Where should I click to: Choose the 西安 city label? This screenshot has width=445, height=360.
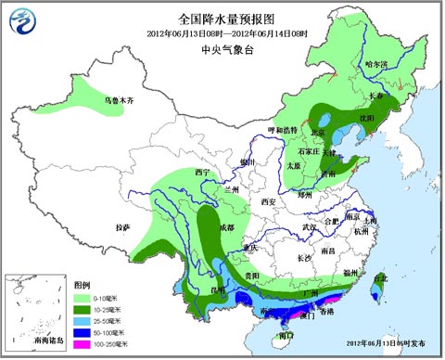[x=270, y=201]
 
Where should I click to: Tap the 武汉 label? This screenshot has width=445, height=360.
[x=311, y=226]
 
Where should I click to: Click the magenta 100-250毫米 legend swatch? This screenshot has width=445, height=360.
[x=82, y=343]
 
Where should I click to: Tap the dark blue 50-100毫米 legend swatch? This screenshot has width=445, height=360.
[x=82, y=331]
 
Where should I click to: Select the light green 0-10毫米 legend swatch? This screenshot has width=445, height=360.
[x=82, y=297]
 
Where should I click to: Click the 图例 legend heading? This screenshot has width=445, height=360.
[x=82, y=285]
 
